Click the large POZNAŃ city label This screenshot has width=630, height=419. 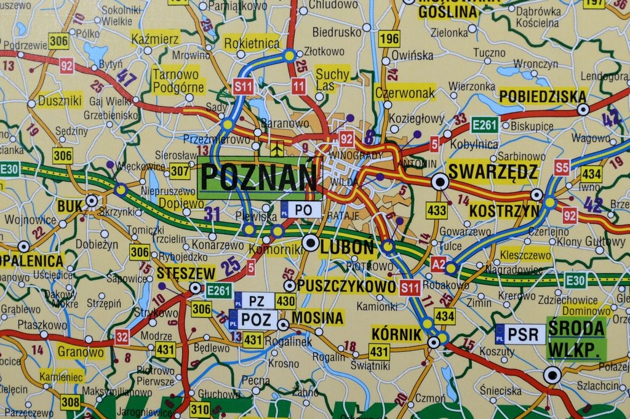point(260,177)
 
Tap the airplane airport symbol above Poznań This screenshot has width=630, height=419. point(277,148)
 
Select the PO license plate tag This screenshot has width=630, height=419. point(301,210)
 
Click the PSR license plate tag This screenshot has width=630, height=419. point(520,334)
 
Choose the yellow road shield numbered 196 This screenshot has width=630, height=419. point(389,39)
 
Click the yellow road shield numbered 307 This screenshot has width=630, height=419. point(180,171)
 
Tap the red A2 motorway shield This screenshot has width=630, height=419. point(438,265)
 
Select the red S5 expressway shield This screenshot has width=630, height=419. point(562,167)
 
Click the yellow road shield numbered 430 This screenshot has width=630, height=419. point(285,301)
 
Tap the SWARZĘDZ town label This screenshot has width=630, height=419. point(492,172)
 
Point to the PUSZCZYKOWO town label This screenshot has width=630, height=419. point(346,286)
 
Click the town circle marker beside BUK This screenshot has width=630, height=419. point(92,200)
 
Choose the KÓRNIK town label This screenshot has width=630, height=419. point(397,334)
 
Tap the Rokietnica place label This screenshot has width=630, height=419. point(252,43)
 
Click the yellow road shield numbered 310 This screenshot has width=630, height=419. point(199,408)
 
